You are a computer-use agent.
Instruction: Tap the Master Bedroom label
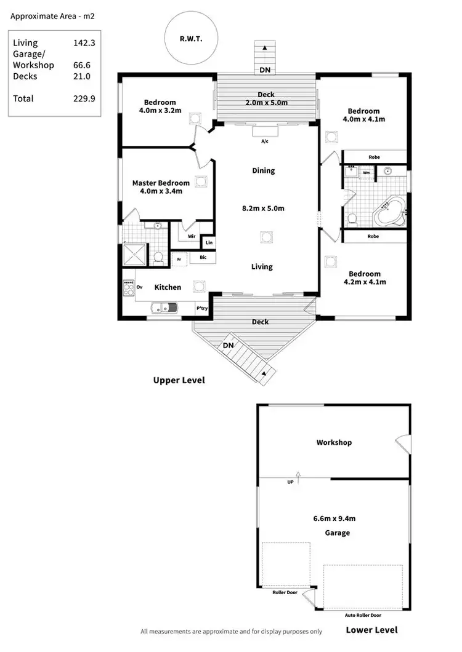coord(161,183)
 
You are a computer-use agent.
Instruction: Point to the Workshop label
coord(334,442)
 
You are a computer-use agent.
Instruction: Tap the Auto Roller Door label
coord(363,614)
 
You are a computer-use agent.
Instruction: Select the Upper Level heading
coord(179,380)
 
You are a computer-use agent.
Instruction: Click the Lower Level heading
coord(371,629)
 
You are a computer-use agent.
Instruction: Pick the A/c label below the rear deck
coord(265,141)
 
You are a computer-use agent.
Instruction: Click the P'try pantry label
coord(201,308)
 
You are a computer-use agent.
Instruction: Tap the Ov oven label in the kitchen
coord(139,287)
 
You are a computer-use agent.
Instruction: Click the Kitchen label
coord(168,287)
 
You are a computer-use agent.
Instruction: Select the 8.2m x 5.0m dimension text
coord(263,209)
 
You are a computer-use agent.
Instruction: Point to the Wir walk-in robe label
coord(191,235)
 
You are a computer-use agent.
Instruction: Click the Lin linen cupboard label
coord(209,243)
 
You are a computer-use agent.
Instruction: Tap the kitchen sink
coord(165,306)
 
